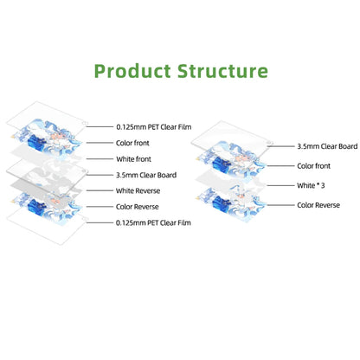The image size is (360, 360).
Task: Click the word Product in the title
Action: pos(132,71)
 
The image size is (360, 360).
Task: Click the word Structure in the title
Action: pos(222,71)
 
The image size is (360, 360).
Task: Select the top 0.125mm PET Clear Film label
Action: pos(154,127)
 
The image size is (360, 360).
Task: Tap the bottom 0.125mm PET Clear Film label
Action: pos(153,222)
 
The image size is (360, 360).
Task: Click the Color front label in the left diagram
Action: pos(132,143)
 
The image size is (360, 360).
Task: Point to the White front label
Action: pos(133,159)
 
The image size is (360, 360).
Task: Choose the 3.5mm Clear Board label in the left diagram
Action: pos(146,175)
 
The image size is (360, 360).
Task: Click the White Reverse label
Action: pos(138,190)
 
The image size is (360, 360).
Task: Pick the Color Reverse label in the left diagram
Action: pos(138,207)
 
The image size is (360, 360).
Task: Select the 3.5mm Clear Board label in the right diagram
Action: pos(327,146)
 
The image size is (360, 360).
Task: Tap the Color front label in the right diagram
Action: pos(314,166)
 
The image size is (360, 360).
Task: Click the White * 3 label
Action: pos(311,185)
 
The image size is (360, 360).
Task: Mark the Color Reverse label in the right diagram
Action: pos(318,205)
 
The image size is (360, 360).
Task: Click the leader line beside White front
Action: pos(100,159)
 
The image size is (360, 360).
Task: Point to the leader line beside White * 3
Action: pos(280,185)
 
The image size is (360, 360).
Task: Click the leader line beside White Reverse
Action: pos(100,190)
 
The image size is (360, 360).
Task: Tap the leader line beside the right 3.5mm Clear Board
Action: pos(280,146)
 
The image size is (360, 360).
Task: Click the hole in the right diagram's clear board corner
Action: pos(269,143)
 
